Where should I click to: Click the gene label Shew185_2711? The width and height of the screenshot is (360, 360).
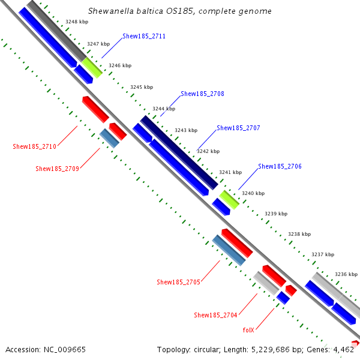(144, 37)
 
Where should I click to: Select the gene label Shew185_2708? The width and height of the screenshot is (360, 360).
(202, 94)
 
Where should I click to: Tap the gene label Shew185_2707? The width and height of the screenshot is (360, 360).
(238, 128)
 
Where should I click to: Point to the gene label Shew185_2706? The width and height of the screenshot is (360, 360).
(280, 166)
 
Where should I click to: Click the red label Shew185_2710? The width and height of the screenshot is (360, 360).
(34, 146)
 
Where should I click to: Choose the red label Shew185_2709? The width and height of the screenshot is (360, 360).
(57, 169)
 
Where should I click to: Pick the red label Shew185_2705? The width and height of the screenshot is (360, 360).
(178, 282)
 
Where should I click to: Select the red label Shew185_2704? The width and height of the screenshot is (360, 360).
(215, 315)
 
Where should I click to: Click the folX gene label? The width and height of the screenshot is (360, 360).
(248, 330)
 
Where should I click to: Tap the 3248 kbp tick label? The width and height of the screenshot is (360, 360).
(77, 21)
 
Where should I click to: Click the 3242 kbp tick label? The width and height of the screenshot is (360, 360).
(208, 151)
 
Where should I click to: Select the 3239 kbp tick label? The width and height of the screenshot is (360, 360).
(276, 214)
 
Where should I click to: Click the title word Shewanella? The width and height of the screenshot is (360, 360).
(110, 11)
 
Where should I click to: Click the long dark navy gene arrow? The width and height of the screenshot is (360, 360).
(179, 152)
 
